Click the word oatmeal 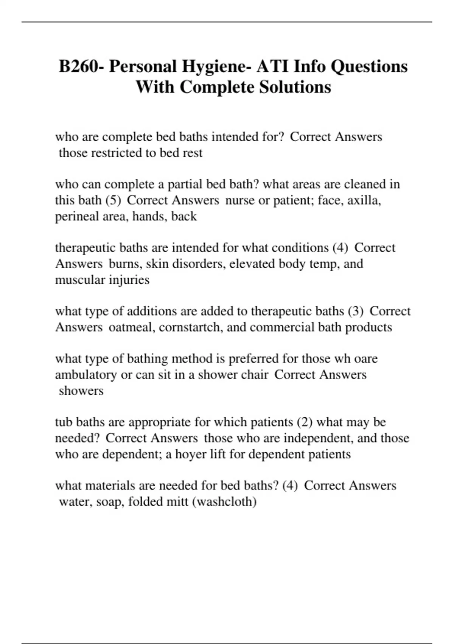tap(131, 327)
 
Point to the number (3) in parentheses tap(355, 311)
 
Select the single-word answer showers tap(81, 391)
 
